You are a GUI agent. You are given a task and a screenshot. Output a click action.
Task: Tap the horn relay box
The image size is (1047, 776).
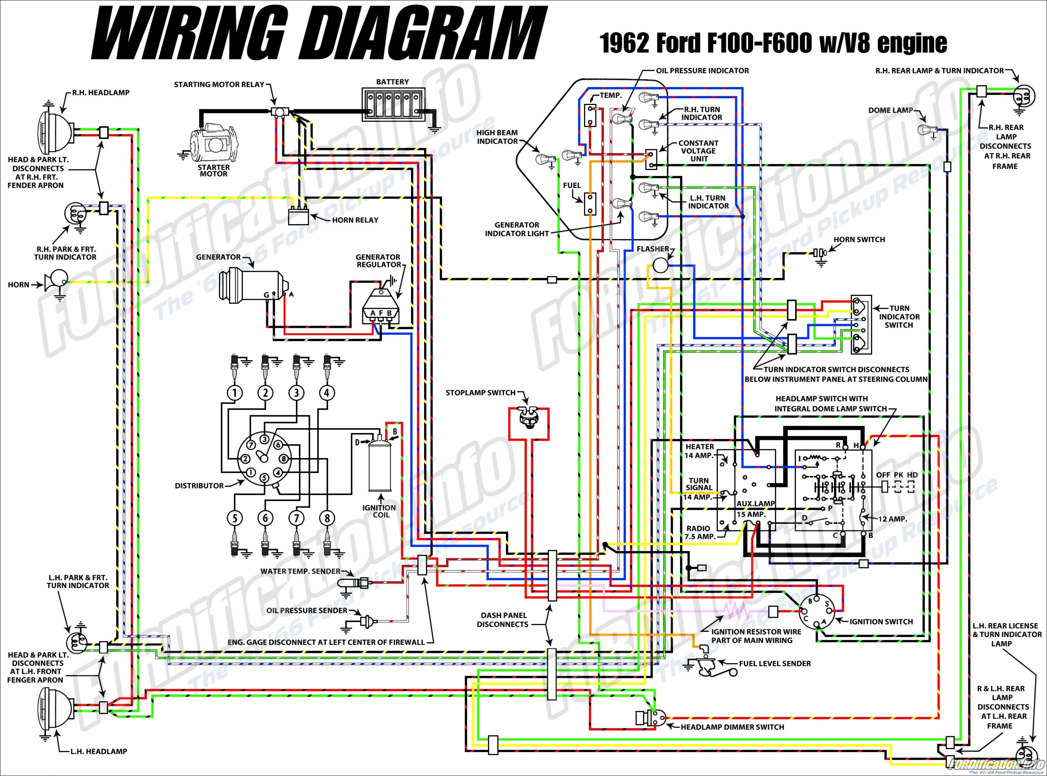299,218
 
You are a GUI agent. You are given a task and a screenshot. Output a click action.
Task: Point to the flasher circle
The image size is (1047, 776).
660,266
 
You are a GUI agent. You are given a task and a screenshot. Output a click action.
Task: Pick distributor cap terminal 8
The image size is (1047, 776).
283,458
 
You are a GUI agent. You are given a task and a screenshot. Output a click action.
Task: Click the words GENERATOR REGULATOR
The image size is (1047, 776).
378,261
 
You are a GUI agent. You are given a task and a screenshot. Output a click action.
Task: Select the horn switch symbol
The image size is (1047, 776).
820,253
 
